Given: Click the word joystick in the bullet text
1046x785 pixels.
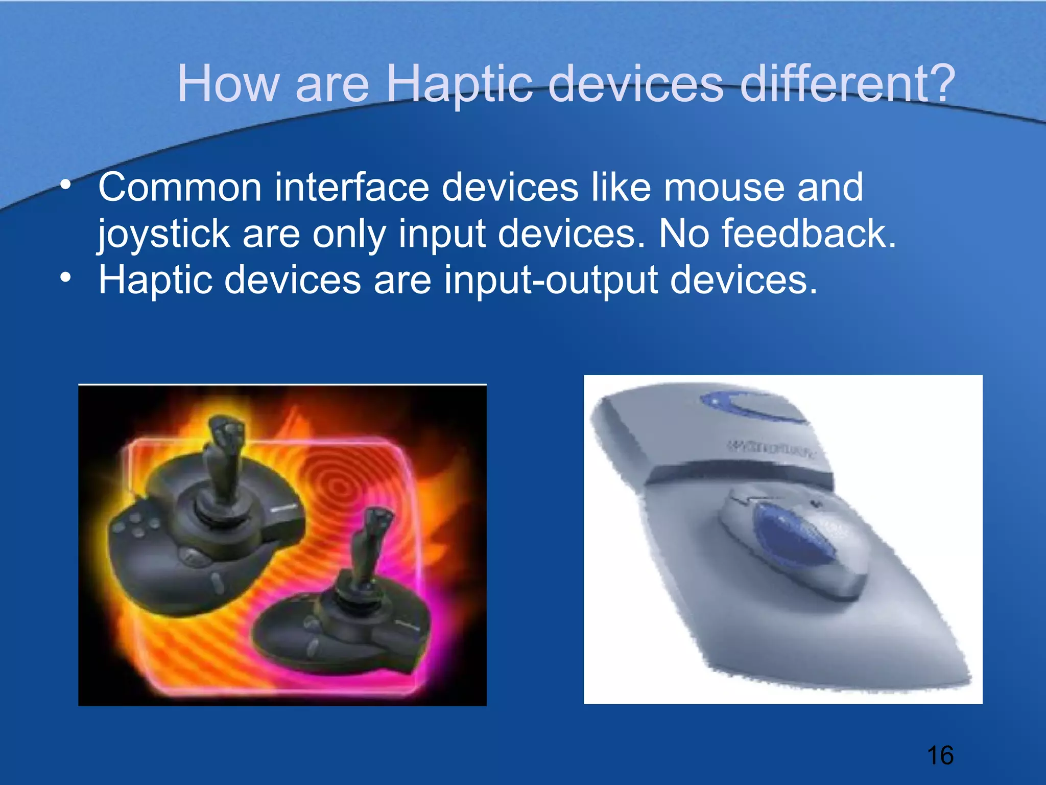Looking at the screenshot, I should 163,234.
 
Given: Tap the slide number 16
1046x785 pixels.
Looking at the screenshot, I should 940,755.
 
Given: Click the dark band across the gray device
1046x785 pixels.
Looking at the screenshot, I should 741,473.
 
